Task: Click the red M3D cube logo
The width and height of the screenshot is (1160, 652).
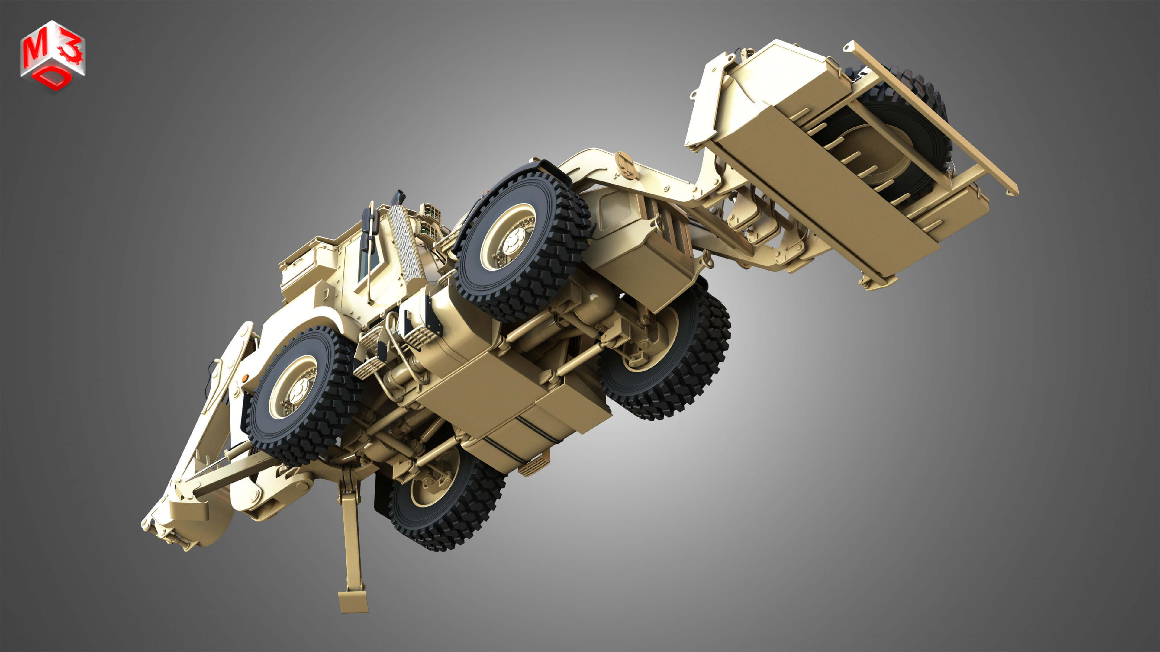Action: (53, 56)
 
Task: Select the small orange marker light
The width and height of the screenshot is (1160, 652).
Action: (245, 377)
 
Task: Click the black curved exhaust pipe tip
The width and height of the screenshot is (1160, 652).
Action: (398, 197)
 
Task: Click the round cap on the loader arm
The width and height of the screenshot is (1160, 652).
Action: (623, 159)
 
